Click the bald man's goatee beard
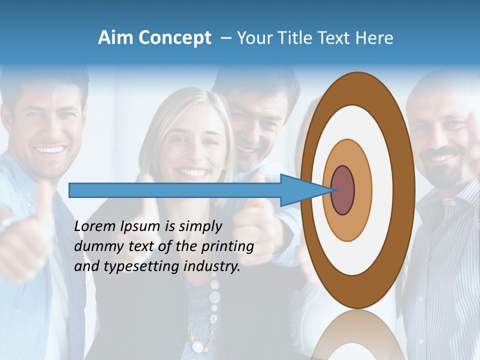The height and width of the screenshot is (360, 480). pos(448,172)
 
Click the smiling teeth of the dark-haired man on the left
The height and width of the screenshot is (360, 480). pos(52,149)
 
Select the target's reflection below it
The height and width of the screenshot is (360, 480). pos(357,335)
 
